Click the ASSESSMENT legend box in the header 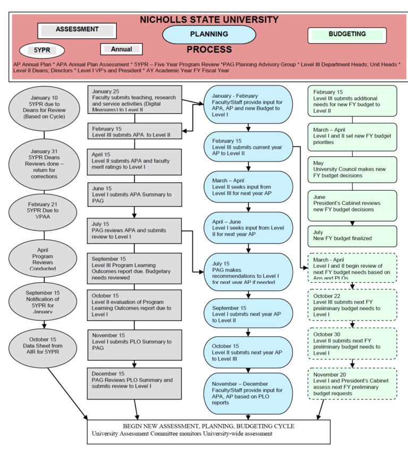click(x=77, y=31)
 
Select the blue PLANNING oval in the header click(x=209, y=35)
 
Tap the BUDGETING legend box click(x=347, y=35)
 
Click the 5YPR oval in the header click(x=41, y=50)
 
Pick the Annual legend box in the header click(x=122, y=49)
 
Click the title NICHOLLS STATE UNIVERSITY click(x=209, y=20)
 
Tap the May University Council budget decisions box click(x=352, y=170)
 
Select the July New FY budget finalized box click(x=352, y=235)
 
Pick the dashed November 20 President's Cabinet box click(x=352, y=384)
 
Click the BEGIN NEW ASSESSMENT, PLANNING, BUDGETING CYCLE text click(x=209, y=426)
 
